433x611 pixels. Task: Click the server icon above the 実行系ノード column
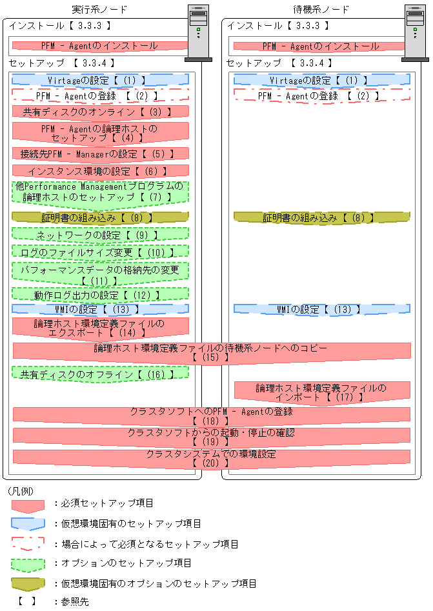(198, 32)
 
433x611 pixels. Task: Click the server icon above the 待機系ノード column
(415, 32)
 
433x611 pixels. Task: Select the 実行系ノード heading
(99, 9)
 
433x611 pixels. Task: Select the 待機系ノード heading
(321, 9)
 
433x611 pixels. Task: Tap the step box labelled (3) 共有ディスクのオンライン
(100, 112)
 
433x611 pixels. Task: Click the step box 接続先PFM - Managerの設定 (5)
(100, 154)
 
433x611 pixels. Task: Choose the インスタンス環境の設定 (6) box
(100, 171)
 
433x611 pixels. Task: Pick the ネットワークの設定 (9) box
(100, 235)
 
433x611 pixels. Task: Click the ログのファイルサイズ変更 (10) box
(100, 252)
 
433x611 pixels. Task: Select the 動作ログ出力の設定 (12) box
(100, 294)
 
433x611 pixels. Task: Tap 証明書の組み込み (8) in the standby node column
(321, 218)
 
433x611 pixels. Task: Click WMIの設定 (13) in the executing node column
(100, 310)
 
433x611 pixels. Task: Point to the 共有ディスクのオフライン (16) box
(100, 374)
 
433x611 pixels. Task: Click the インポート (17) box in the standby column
(321, 392)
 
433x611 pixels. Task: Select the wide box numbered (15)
(212, 352)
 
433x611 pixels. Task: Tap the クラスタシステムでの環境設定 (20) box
(212, 457)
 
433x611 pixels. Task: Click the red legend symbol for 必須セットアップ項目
(28, 505)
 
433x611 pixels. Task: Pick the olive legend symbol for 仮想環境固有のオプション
(28, 584)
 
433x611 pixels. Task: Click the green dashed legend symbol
(28, 564)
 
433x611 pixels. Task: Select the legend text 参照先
(76, 602)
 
